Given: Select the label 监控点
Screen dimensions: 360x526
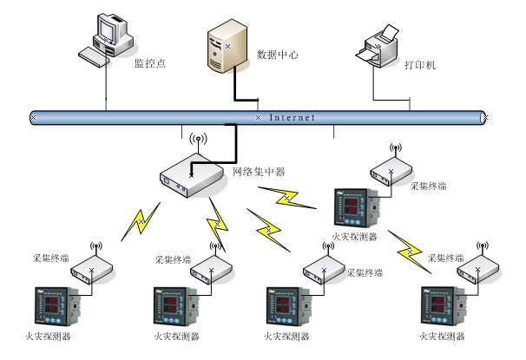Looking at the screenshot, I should pyautogui.click(x=149, y=62).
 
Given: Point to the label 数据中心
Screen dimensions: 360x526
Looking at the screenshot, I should pyautogui.click(x=278, y=55).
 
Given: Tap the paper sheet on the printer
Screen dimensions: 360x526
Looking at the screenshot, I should pyautogui.click(x=388, y=34).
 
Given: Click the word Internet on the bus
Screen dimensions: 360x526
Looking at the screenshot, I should pyautogui.click(x=293, y=117).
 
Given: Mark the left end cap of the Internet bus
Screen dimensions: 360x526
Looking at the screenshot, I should pyautogui.click(x=34, y=116).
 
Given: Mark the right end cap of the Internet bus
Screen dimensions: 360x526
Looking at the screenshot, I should pyautogui.click(x=484, y=116).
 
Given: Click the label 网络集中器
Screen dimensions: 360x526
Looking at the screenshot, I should pyautogui.click(x=259, y=172).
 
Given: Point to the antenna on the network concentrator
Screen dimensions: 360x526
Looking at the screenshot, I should pyautogui.click(x=197, y=141).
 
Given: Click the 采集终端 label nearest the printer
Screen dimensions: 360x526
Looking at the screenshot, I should pyautogui.click(x=431, y=186).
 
